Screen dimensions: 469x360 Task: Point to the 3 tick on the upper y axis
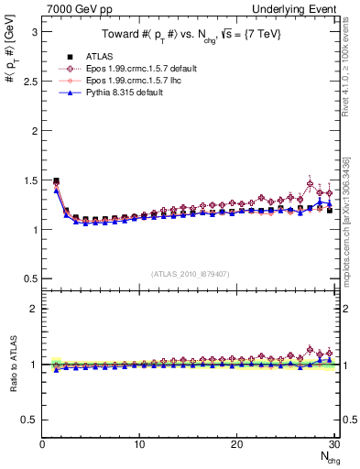(x=33, y=31)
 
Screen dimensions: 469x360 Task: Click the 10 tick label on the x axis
(x=139, y=444)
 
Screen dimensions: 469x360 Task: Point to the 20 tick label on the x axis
(x=236, y=444)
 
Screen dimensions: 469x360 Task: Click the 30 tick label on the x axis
(x=333, y=444)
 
